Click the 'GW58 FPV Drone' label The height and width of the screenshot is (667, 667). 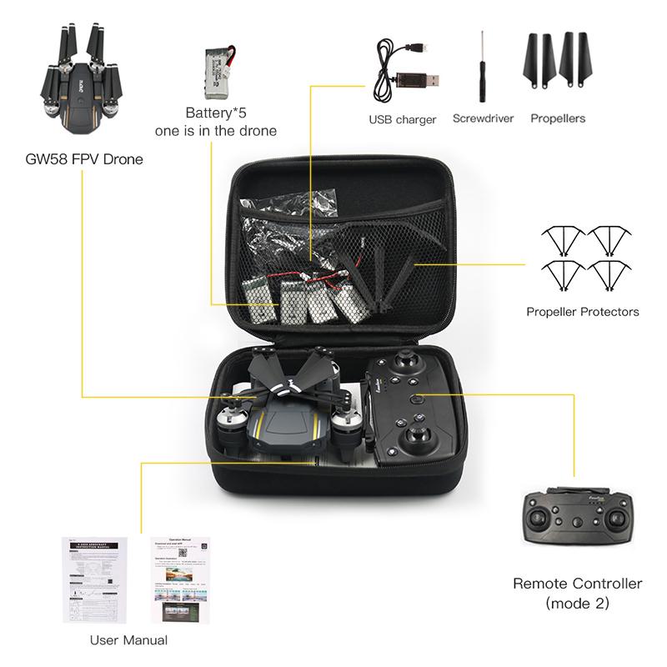tap(83, 158)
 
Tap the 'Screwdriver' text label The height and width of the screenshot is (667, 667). tap(483, 118)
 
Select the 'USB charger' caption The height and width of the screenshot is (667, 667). tap(403, 119)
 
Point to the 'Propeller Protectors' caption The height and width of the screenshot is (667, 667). tap(582, 312)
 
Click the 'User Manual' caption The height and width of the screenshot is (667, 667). tap(128, 640)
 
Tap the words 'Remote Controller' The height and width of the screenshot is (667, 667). tap(577, 584)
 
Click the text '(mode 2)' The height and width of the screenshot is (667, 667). tap(577, 603)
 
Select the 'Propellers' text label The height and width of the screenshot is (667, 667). tap(558, 118)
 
